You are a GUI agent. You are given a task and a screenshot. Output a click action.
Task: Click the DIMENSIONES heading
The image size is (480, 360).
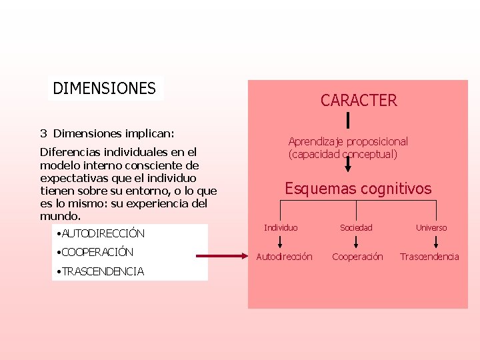(x=104, y=88)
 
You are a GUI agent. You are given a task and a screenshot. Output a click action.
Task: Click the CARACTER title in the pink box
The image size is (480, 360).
(x=358, y=101)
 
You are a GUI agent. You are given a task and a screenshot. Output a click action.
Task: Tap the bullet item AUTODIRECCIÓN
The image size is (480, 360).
(x=103, y=233)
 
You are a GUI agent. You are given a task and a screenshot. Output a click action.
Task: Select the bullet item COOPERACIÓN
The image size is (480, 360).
(x=97, y=252)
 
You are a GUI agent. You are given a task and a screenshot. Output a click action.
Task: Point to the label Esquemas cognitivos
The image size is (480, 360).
(x=358, y=189)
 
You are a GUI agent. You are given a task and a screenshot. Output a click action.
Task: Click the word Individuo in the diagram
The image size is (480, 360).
(x=281, y=228)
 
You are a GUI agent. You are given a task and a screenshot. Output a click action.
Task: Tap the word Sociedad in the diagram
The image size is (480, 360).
(x=356, y=228)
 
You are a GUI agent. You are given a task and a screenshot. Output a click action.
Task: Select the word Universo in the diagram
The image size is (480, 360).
(x=431, y=228)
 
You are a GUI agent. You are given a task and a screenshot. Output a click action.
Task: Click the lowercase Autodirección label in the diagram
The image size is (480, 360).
(x=284, y=257)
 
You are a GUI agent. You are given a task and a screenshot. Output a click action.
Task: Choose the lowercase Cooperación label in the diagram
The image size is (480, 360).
(x=357, y=257)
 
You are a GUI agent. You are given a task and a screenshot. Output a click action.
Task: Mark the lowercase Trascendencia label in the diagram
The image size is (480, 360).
(x=429, y=257)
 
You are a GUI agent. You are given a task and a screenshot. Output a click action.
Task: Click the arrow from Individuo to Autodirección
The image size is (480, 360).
(x=280, y=242)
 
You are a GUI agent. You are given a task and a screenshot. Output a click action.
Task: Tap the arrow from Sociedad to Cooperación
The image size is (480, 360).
(x=356, y=242)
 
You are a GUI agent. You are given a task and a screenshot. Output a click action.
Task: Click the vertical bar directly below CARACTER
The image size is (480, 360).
(x=348, y=121)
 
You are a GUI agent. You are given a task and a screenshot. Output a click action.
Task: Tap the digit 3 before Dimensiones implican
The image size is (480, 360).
(x=43, y=133)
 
